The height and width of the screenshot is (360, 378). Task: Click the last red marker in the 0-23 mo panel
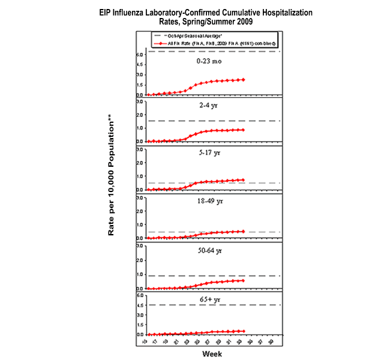pyautogui.click(x=243, y=79)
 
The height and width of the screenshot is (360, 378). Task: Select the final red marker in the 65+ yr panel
pyautogui.click(x=243, y=331)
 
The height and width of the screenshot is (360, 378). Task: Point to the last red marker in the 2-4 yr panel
pyautogui.click(x=243, y=130)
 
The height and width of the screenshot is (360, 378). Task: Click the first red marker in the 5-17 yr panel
pyautogui.click(x=149, y=190)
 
